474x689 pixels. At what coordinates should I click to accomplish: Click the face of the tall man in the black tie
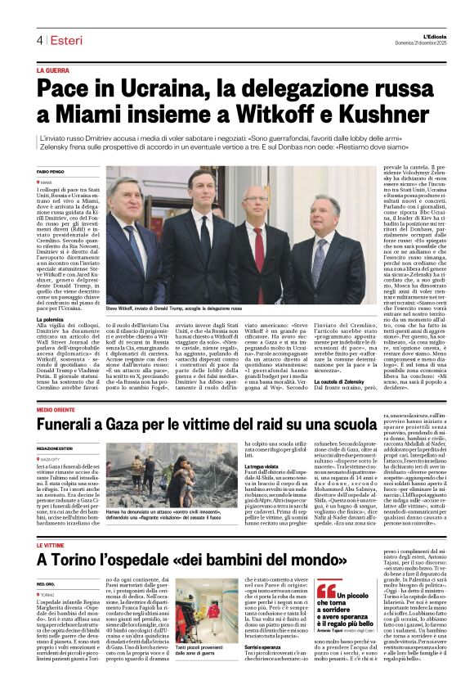[200, 184]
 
